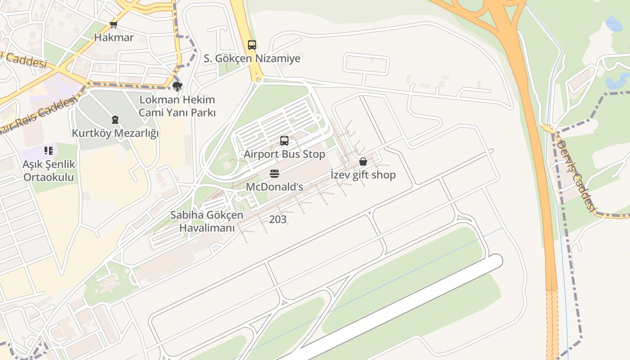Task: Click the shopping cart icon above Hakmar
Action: point(114,25)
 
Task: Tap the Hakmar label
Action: point(114,37)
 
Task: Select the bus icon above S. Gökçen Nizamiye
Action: point(252,45)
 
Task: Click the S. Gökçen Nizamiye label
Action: point(252,58)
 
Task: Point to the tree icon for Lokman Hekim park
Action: point(177,86)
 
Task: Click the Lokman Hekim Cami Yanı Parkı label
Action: point(177,106)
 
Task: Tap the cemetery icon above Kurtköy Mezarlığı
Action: point(115,120)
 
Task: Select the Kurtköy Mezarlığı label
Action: point(115,134)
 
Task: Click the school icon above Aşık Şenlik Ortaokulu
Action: point(48,151)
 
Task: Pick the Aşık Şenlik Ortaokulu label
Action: point(49,171)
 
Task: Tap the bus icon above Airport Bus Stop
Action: point(284,141)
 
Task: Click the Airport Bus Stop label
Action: point(284,154)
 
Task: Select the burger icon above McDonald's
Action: point(274,174)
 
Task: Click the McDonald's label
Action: point(274,186)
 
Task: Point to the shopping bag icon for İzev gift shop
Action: point(363,162)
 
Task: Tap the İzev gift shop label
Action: point(363,175)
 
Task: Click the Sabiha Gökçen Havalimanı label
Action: point(207,221)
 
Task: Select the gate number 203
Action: point(278,220)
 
